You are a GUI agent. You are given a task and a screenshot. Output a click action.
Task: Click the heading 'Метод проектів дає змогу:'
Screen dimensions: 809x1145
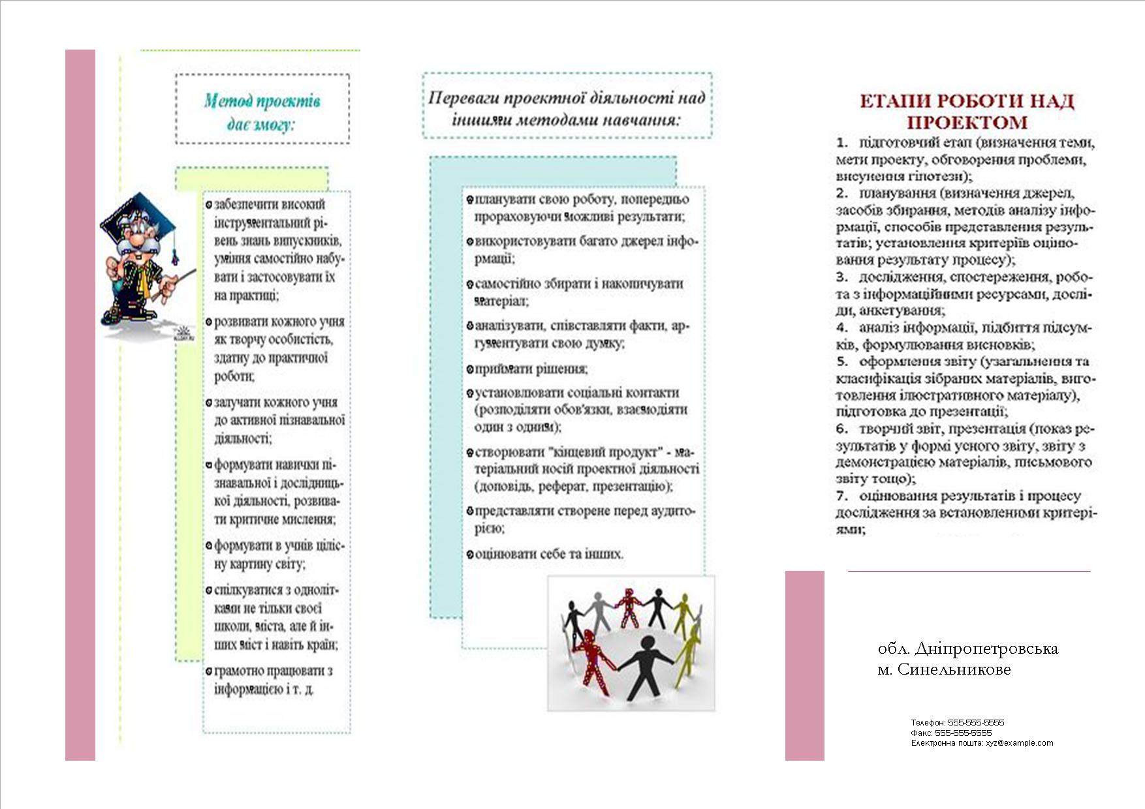click(x=262, y=111)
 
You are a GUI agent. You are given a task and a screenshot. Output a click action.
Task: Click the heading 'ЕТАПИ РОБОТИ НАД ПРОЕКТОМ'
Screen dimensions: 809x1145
click(x=966, y=112)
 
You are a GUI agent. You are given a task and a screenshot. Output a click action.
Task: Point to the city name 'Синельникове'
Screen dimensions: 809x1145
click(x=954, y=669)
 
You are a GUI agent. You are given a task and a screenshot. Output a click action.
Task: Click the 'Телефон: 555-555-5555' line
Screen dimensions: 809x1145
click(x=957, y=722)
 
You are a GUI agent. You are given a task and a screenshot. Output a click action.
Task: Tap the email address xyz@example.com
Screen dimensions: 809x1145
click(x=1019, y=742)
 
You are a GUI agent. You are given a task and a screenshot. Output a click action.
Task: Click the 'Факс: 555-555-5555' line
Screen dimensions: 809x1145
click(x=951, y=733)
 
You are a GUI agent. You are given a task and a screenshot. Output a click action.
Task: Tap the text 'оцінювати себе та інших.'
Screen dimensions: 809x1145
click(x=549, y=554)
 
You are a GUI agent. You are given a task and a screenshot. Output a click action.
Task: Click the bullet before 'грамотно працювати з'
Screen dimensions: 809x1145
click(x=209, y=671)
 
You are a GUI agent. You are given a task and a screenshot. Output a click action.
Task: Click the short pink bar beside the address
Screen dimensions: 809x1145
click(x=804, y=665)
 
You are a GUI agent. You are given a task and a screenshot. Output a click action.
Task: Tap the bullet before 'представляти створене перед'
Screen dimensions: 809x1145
click(x=469, y=511)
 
